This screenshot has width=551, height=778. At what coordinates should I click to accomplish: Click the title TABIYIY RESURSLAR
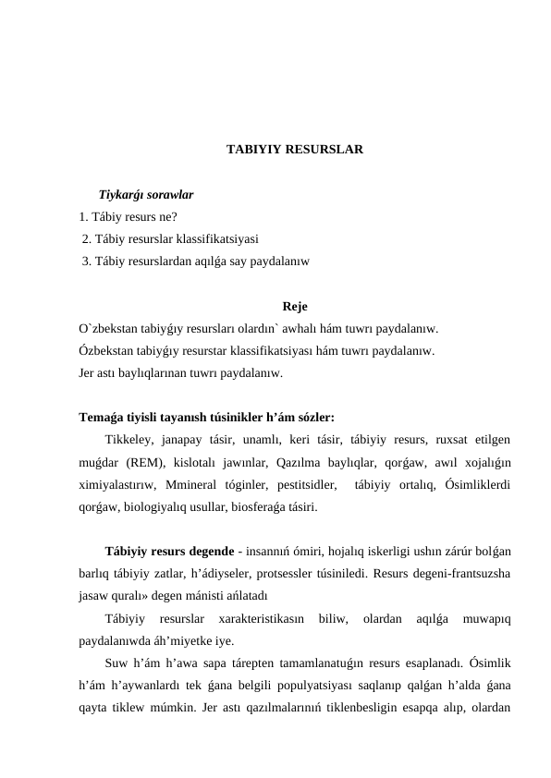[294, 148]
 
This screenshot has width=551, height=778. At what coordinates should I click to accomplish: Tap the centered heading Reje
[295, 306]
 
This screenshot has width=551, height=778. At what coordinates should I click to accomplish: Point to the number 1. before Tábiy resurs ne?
[84, 218]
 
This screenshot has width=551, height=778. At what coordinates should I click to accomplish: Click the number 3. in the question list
[86, 261]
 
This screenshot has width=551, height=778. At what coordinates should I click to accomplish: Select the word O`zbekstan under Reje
[108, 328]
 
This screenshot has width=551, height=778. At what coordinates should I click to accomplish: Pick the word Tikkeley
[132, 438]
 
